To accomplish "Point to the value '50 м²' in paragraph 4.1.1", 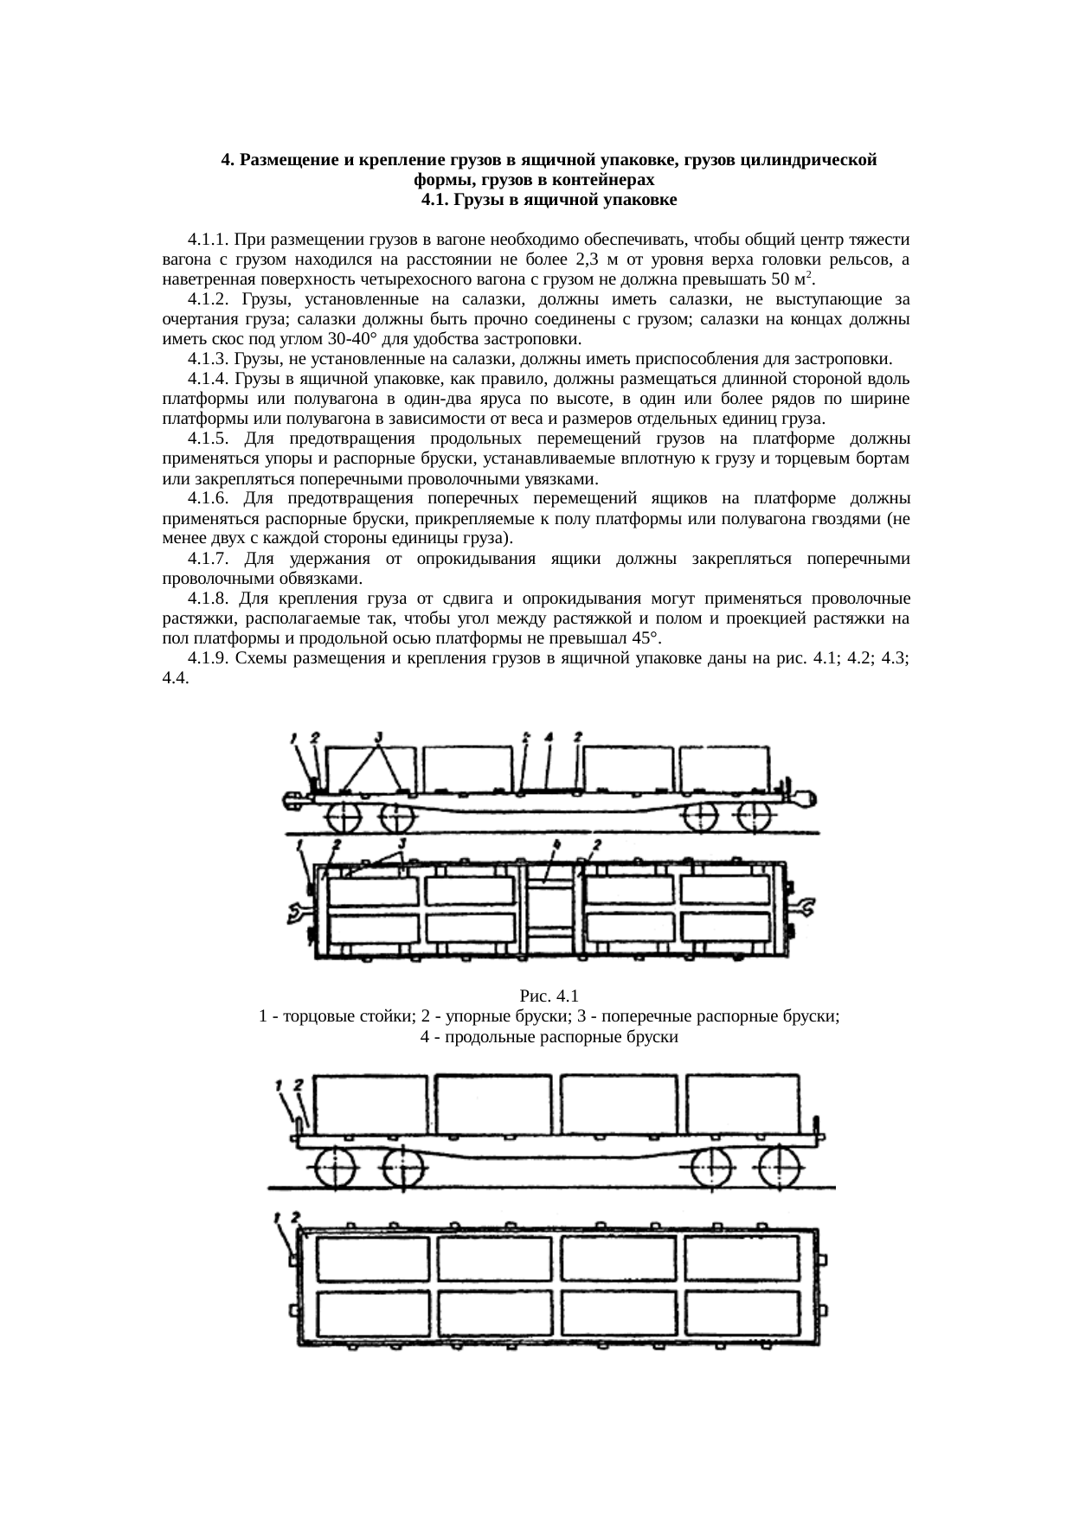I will [x=791, y=280].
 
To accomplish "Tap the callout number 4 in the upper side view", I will [x=549, y=738].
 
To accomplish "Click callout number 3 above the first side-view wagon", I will [x=379, y=737].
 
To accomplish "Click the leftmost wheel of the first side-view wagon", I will [x=344, y=817].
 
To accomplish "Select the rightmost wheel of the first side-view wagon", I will [x=755, y=817].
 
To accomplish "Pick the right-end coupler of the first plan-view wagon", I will [x=804, y=906].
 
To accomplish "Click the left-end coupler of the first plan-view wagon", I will [x=296, y=911].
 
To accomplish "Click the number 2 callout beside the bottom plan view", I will [x=296, y=1215].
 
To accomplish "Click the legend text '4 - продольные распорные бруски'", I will [x=549, y=1037].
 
